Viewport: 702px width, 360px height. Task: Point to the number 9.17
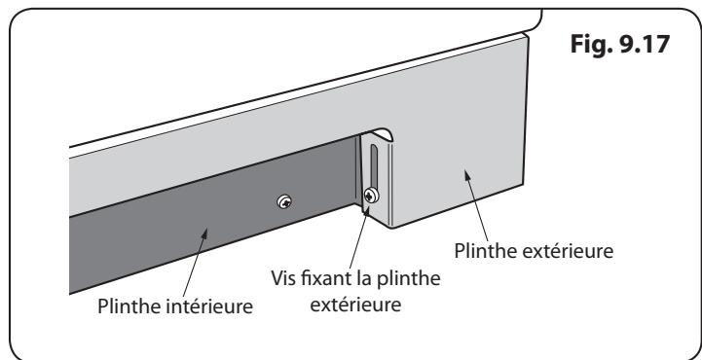(x=651, y=47)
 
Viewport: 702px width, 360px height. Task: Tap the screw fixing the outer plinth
(x=370, y=196)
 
